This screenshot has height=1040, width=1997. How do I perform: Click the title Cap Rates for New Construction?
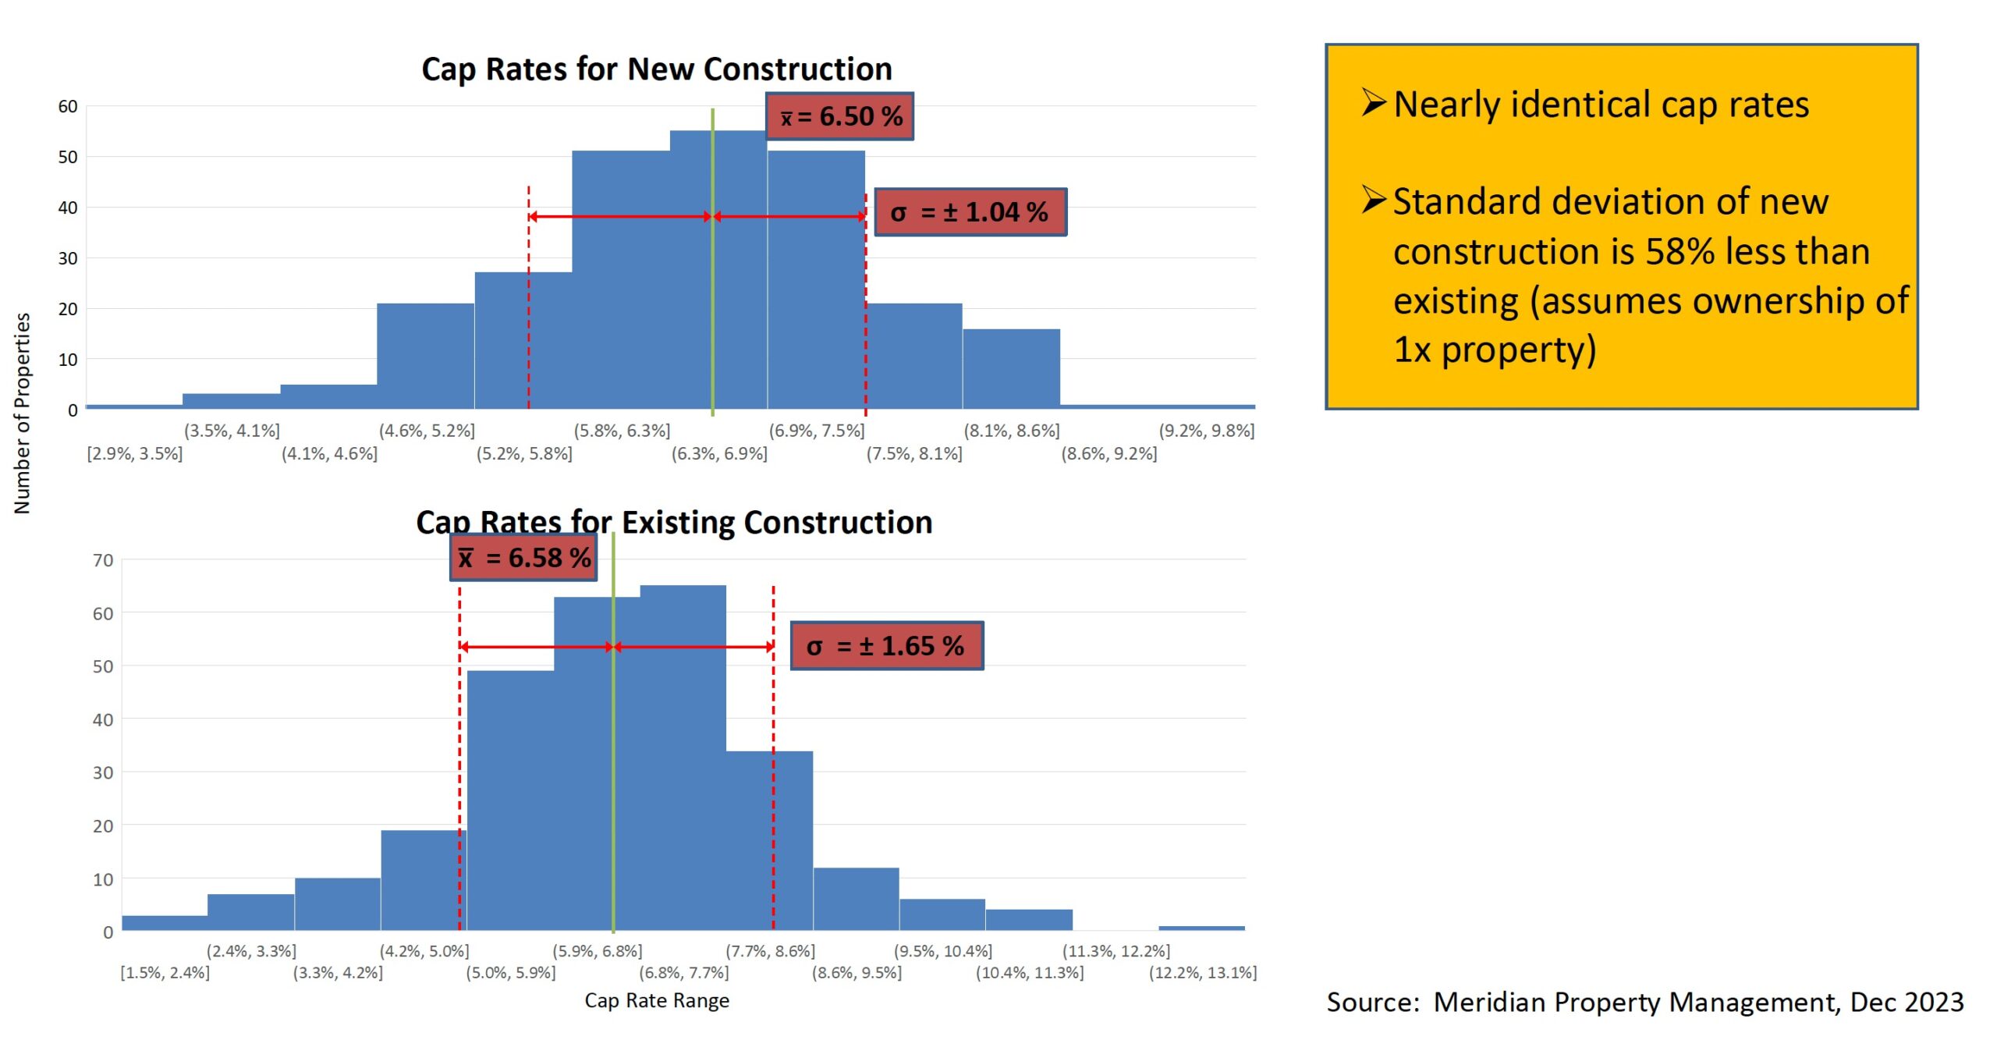click(x=656, y=69)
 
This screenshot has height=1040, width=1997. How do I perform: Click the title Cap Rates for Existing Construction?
click(x=674, y=522)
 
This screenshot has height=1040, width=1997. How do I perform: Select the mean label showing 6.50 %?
click(x=840, y=116)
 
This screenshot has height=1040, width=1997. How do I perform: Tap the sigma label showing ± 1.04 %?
click(x=970, y=211)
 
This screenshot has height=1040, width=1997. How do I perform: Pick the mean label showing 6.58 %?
click(x=523, y=558)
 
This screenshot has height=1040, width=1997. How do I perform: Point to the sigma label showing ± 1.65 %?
click(x=886, y=646)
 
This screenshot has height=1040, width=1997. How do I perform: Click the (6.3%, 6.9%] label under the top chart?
click(x=719, y=453)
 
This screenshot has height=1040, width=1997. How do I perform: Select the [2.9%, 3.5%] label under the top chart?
click(x=135, y=453)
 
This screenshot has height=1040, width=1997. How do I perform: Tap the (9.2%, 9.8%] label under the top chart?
click(x=1206, y=431)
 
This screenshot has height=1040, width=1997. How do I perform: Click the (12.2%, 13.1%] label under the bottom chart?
click(x=1202, y=973)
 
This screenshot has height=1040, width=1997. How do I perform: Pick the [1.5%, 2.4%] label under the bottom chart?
click(x=165, y=973)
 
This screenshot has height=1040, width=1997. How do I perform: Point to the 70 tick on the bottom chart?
click(x=103, y=560)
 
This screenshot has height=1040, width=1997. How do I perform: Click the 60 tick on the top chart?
click(x=68, y=106)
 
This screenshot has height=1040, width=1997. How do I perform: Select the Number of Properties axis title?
click(x=22, y=414)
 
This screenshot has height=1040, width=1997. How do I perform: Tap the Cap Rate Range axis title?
click(x=657, y=1001)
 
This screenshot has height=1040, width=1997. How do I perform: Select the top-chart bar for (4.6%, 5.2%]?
click(x=426, y=356)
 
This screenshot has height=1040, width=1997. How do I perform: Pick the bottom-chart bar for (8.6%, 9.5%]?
click(x=856, y=899)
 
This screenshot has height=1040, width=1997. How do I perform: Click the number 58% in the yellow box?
click(x=1680, y=251)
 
